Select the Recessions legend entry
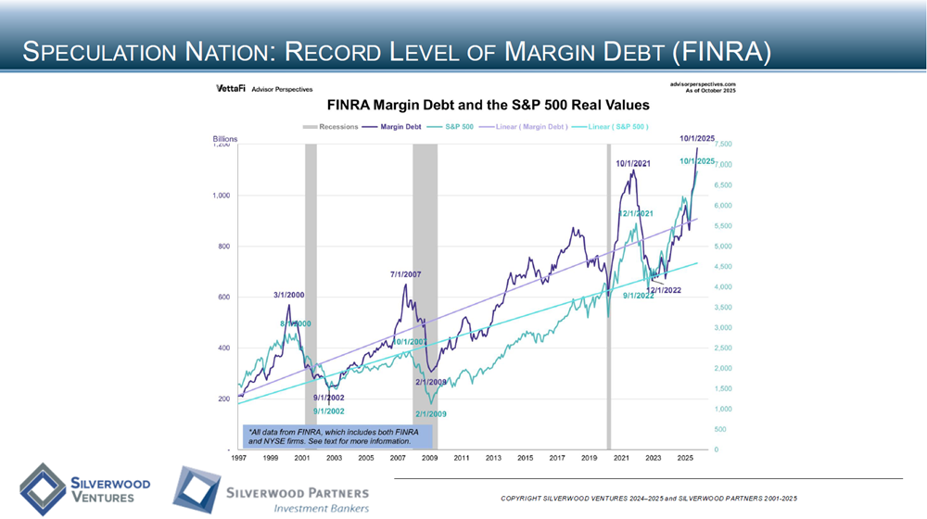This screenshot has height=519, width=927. pyautogui.click(x=333, y=126)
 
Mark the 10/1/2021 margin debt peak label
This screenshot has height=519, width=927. pyautogui.click(x=634, y=164)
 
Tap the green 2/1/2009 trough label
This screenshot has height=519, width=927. pyautogui.click(x=431, y=413)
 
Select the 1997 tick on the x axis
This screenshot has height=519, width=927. pyautogui.click(x=238, y=458)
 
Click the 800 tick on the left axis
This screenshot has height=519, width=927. pyautogui.click(x=220, y=247)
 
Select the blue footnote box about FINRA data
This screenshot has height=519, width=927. pyautogui.click(x=331, y=436)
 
